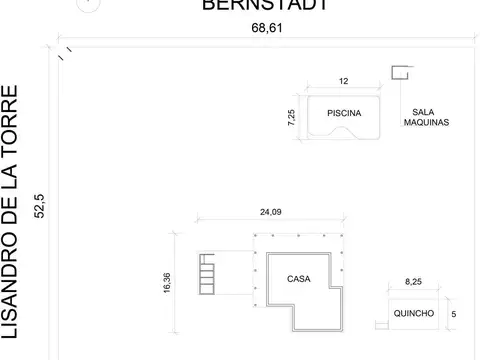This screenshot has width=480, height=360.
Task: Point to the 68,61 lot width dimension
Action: pos(264,30)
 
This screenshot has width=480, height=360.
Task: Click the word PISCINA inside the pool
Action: pos(342,114)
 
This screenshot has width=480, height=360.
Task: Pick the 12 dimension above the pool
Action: pos(344,81)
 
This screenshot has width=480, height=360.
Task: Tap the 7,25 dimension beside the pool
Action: pos(291,118)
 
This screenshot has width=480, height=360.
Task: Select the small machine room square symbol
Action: pos(400,73)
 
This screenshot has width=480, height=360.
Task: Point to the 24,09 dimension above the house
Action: pos(266,211)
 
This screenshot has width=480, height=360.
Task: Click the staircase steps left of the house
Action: pos(208,271)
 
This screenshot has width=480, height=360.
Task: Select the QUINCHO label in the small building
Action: pos(414,314)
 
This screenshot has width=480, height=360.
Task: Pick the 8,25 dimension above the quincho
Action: pos(412,284)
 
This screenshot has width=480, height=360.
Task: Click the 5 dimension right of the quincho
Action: pos(455,314)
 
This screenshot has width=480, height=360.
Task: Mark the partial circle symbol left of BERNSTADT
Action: pos(90,4)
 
